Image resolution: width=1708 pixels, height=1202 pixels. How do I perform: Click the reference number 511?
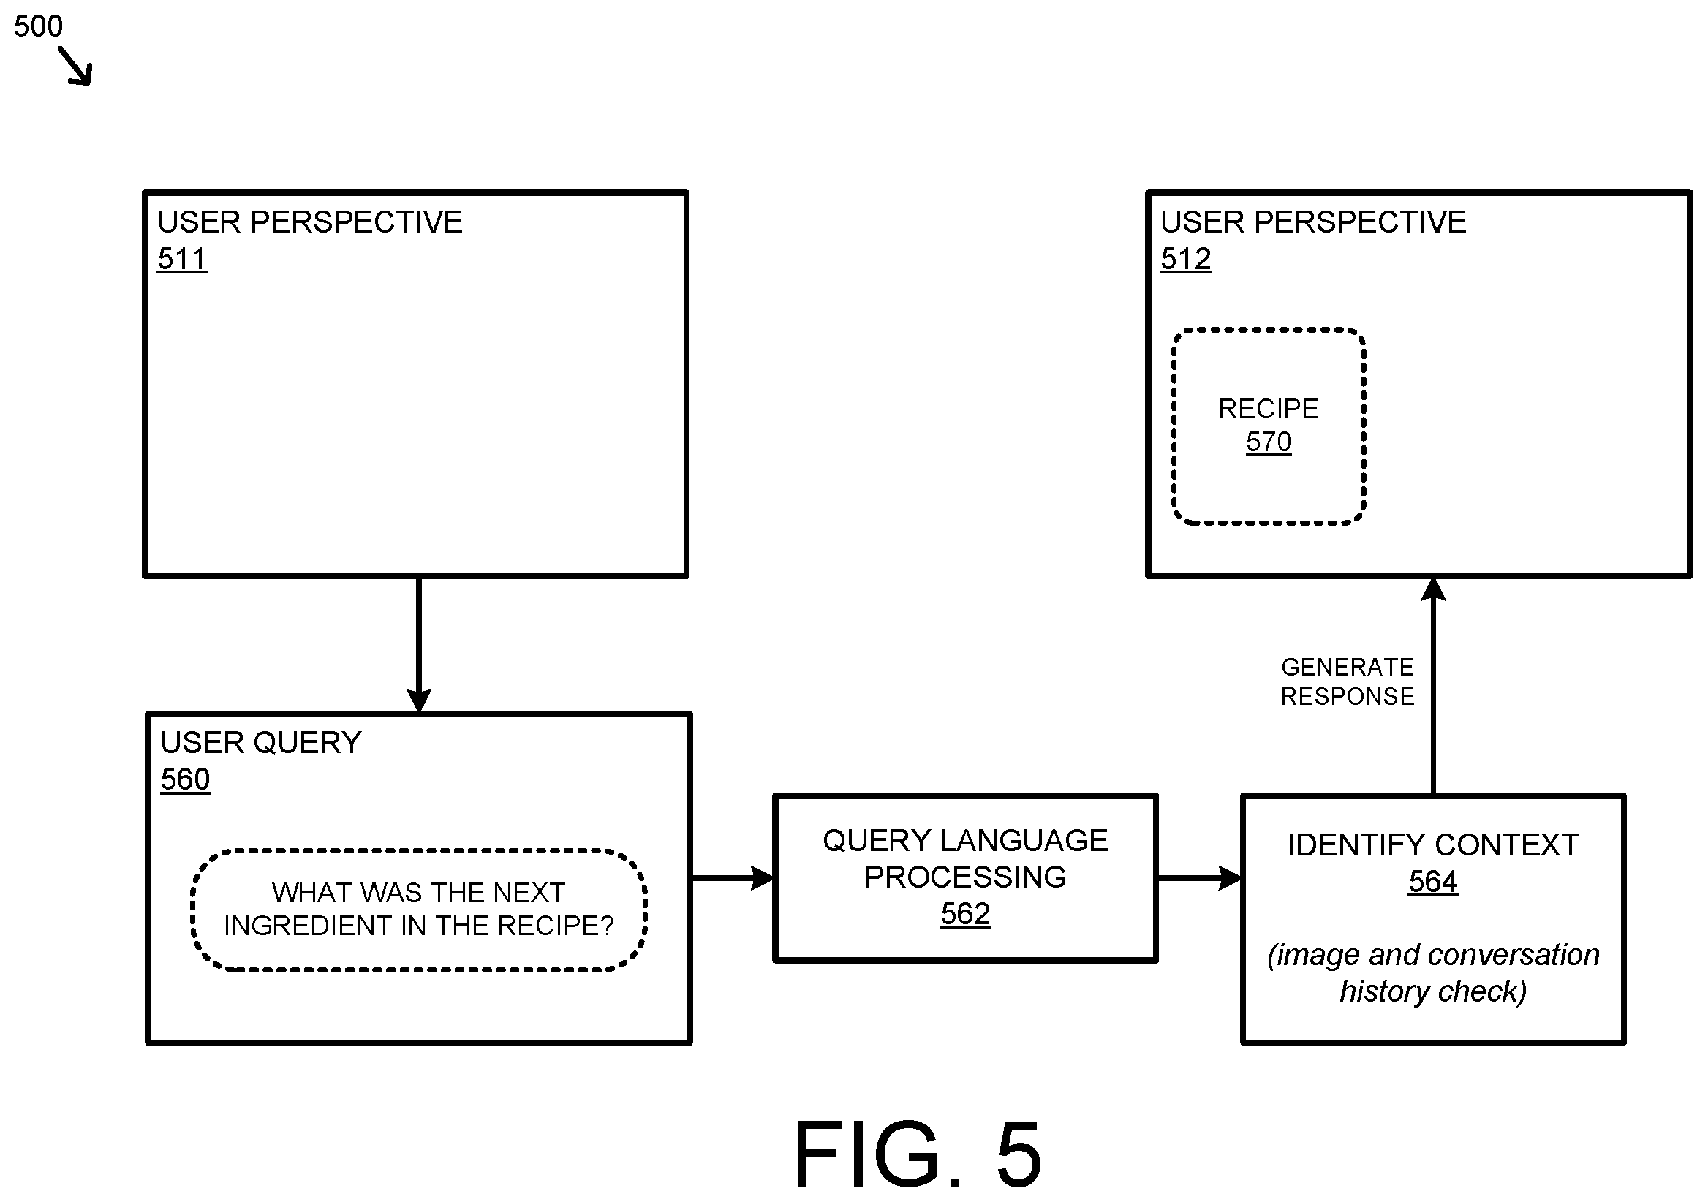tap(182, 260)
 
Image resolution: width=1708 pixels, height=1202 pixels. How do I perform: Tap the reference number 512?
tap(1186, 260)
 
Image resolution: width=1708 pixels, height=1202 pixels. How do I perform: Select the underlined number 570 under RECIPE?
tap(1269, 442)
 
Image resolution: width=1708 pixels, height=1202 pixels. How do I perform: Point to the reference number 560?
tap(185, 780)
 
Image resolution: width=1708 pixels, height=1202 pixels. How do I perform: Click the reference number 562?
tap(966, 914)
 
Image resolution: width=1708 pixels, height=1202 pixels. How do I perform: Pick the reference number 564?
tap(1433, 882)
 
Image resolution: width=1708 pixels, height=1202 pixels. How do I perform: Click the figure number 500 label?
tap(39, 27)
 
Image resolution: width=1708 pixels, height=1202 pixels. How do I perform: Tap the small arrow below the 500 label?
tap(76, 67)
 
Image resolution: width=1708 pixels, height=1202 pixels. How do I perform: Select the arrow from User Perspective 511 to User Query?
tap(419, 644)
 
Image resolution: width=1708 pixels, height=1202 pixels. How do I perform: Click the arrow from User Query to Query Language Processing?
tap(733, 877)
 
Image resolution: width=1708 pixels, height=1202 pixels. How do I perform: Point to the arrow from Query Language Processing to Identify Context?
tap(1199, 877)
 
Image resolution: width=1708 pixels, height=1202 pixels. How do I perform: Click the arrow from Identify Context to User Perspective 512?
tap(1433, 686)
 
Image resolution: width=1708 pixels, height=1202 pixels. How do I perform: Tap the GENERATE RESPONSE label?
tap(1348, 681)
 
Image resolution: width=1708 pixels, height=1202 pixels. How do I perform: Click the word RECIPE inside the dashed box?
tap(1269, 409)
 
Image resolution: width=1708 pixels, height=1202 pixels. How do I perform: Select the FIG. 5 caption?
tap(917, 1154)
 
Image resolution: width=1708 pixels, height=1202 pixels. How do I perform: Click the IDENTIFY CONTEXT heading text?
tap(1433, 845)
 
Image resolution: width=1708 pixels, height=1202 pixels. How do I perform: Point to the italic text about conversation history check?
tap(1433, 973)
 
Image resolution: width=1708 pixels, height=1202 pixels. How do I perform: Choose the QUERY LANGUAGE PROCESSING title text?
tap(966, 859)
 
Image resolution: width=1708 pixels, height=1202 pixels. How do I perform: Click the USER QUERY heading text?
tap(261, 743)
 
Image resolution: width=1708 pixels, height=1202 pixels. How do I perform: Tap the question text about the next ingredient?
tap(419, 909)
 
